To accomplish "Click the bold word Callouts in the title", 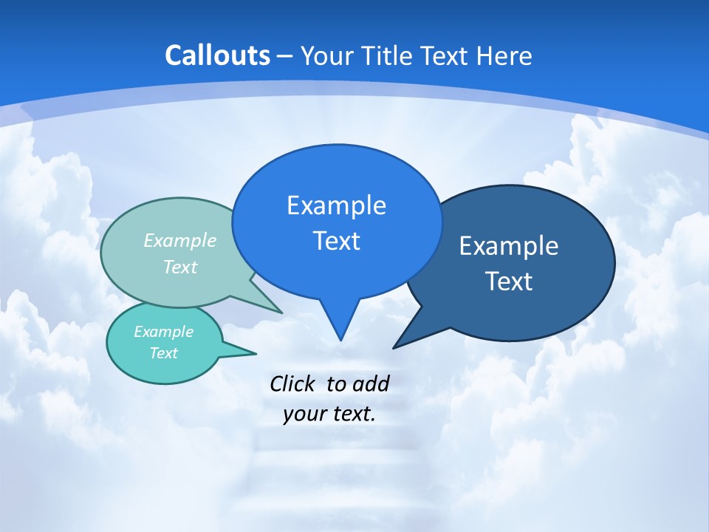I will pos(217,55).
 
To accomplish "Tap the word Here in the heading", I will pos(504,56).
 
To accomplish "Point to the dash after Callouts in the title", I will pos(285,57).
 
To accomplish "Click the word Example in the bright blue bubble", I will pos(336,205).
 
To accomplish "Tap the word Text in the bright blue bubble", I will pos(336,241).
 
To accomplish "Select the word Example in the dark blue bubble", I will pos(509,246).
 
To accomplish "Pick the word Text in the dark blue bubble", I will pos(509,282).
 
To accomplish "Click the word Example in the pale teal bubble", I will pos(180,240).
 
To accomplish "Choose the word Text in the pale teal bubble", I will pos(180,267).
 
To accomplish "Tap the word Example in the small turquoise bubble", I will pos(163,332).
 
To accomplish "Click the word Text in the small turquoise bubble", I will pos(163,353).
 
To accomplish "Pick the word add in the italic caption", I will pos(370,383).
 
